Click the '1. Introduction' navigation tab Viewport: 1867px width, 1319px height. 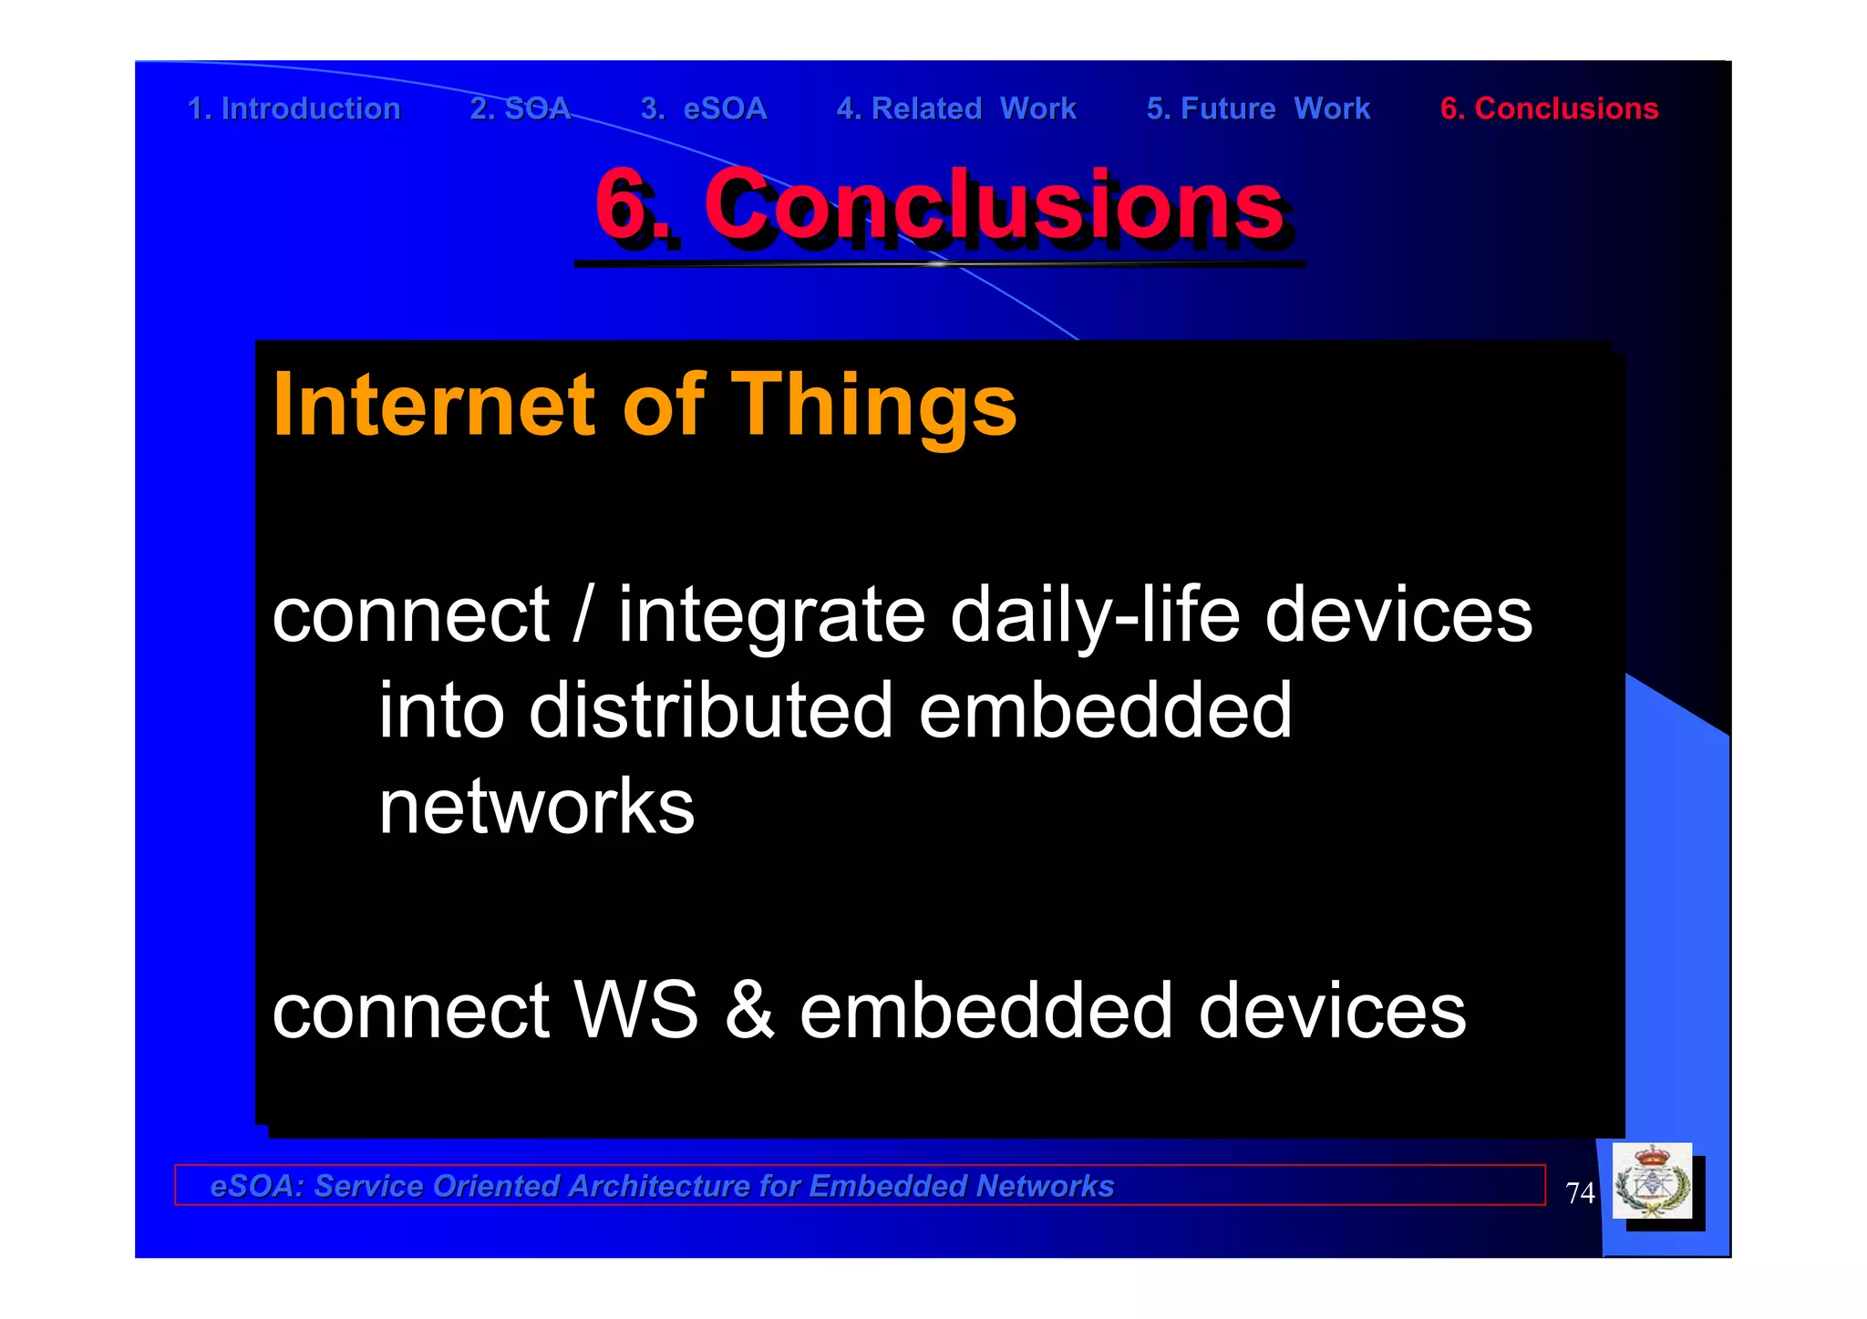[294, 108]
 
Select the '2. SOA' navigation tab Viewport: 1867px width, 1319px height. [520, 108]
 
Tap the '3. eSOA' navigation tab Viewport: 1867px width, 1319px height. [704, 108]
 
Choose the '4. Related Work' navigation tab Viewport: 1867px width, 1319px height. [956, 108]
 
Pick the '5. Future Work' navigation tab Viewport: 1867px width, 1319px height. [1258, 108]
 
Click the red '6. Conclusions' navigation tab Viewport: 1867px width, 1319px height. [1549, 108]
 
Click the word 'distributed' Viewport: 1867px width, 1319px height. [711, 711]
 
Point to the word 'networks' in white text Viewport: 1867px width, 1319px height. [536, 807]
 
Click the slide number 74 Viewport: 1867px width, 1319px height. [1580, 1192]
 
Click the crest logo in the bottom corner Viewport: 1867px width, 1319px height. [1652, 1182]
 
